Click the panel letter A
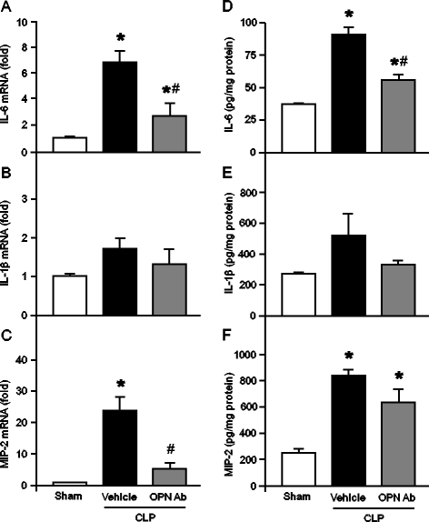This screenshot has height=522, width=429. (x=7, y=9)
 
